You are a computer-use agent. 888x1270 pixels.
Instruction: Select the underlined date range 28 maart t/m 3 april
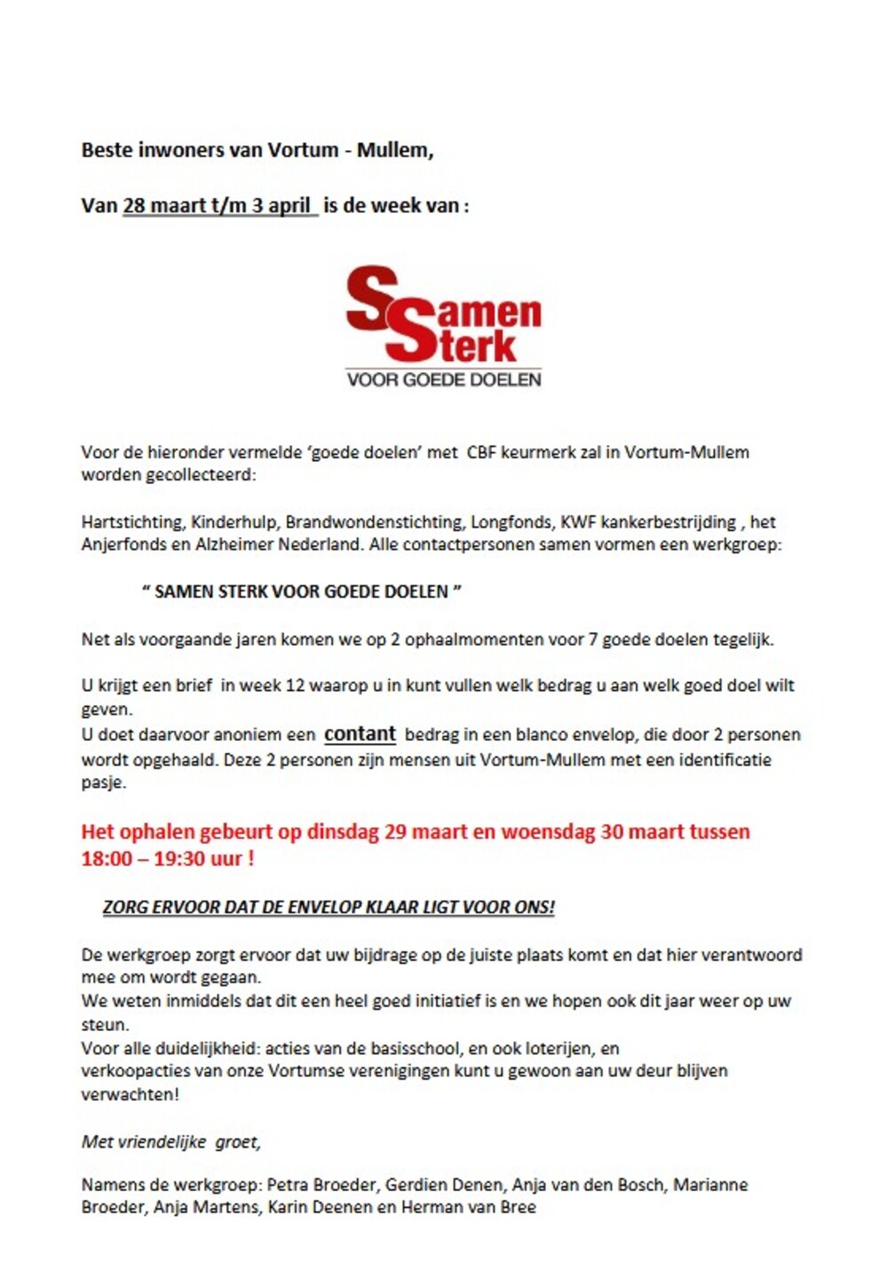pos(218,205)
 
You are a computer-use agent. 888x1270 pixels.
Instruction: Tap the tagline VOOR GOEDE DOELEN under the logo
pos(443,379)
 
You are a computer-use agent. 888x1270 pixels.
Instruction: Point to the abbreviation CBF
pos(481,452)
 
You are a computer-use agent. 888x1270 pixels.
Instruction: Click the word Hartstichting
pos(132,522)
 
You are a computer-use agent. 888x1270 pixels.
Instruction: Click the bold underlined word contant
pos(360,734)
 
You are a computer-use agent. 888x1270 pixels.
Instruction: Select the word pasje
pos(104,783)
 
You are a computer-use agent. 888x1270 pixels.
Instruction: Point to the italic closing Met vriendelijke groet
pos(171,1142)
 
